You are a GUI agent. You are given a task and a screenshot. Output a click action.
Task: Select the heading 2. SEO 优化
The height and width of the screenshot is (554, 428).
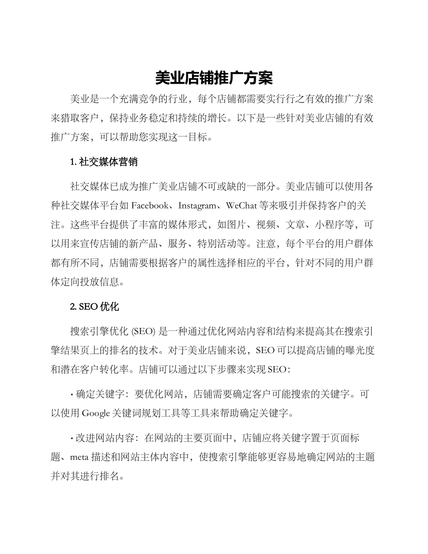pos(94,307)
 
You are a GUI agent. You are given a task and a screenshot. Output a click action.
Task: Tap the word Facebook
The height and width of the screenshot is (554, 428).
pos(150,206)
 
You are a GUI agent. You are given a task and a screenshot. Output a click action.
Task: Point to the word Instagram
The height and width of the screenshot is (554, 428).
pos(197,206)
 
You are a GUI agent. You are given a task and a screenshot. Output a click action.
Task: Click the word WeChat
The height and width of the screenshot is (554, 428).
pos(242,206)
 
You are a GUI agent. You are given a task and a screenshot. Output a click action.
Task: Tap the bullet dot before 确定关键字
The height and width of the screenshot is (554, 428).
pos(72,395)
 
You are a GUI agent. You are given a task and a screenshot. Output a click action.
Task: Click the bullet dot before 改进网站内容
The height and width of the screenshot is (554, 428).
pos(72,438)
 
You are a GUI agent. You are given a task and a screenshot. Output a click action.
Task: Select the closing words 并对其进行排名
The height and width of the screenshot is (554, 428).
pos(85,476)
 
